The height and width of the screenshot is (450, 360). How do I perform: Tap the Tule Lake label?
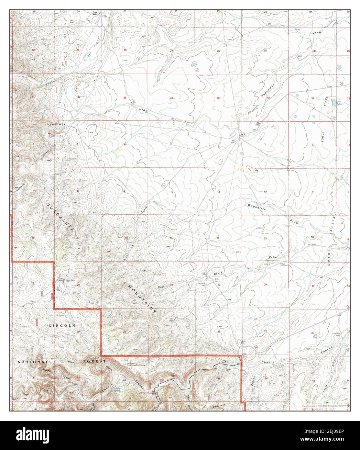click(340, 103)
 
